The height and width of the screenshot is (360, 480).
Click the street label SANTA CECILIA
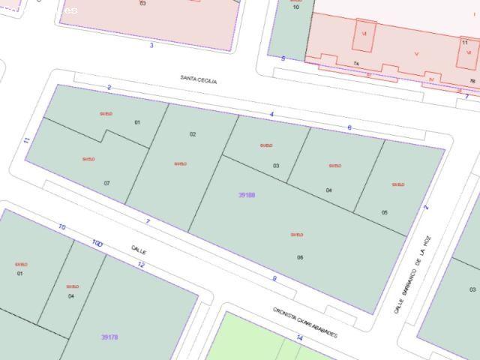198,79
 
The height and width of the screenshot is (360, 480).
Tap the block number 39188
247,195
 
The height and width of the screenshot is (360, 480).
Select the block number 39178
109,337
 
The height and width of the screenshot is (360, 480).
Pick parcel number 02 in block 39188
193,134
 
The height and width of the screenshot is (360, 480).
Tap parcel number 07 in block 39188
107,183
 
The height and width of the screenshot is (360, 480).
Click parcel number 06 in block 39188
300,257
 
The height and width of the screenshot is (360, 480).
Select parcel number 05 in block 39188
385,212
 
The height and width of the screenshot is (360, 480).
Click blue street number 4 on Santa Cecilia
271,114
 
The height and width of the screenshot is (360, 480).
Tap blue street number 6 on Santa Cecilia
349,127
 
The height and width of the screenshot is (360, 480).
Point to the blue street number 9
274,278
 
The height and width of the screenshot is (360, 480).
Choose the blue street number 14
299,338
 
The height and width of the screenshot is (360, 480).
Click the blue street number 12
141,265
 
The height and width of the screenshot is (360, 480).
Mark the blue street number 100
97,244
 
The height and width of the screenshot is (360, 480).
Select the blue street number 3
151,45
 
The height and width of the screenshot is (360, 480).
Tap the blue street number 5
283,58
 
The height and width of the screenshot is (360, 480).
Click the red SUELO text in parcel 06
297,235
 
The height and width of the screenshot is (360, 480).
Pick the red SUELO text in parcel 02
180,163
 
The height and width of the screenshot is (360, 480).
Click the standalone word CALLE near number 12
139,250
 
